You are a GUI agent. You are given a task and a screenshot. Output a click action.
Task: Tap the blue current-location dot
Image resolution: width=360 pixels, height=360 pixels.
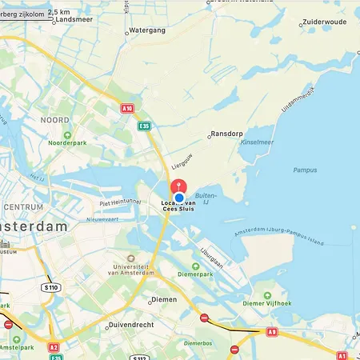tap(179, 198)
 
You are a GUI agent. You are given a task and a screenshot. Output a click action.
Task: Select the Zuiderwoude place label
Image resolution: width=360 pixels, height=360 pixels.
tap(325, 22)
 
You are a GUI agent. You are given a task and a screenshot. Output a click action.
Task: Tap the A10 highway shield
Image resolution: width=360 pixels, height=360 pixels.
tap(126, 108)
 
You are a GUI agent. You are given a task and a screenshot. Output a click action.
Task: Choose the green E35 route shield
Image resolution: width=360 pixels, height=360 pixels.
tap(144, 126)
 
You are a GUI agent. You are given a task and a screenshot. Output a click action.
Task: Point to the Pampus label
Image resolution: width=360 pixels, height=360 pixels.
tap(306, 170)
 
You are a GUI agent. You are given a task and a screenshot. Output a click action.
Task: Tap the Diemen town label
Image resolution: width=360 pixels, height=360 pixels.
tap(162, 301)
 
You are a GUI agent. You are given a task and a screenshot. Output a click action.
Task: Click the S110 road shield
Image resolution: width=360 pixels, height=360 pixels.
tap(52, 286)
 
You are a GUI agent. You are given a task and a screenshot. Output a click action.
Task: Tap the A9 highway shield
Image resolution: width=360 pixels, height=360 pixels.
tap(273, 330)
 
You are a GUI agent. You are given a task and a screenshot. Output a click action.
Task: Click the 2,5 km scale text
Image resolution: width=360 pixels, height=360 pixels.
tap(58, 13)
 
